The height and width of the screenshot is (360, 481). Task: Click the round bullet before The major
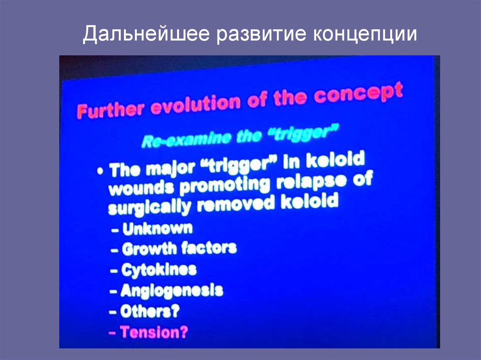[100, 171]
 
